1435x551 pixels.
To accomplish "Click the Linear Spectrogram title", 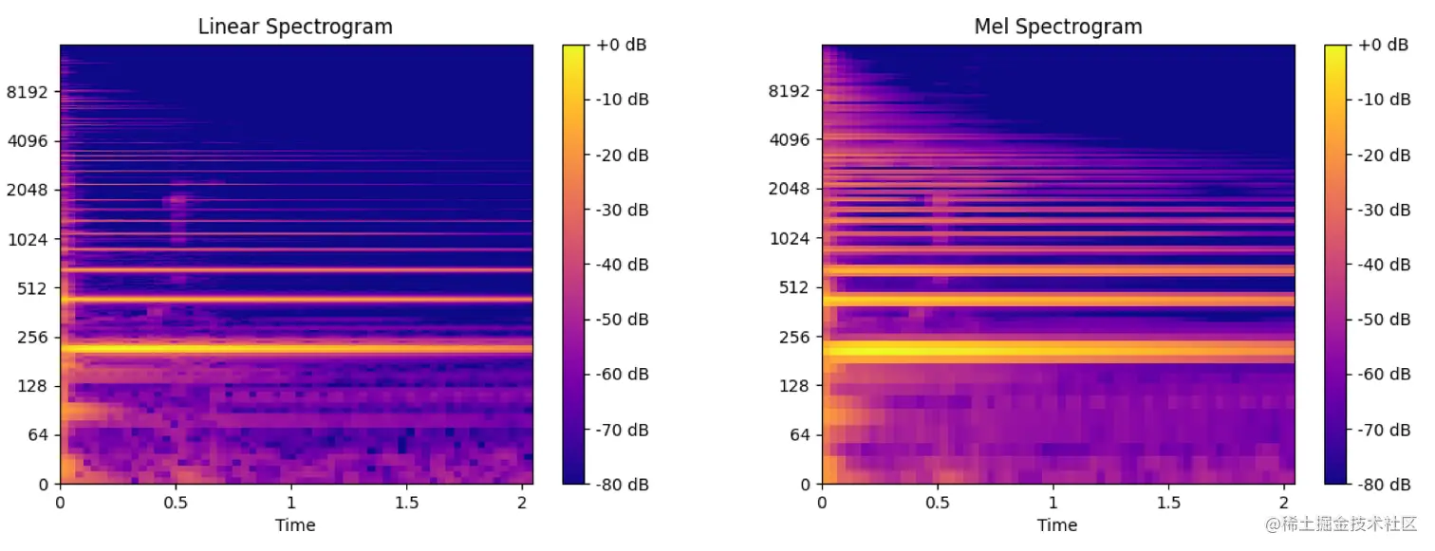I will pyautogui.click(x=295, y=28).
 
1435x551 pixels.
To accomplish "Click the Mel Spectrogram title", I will pyautogui.click(x=1057, y=28).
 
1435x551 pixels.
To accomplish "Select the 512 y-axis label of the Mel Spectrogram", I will pyautogui.click(x=792, y=287).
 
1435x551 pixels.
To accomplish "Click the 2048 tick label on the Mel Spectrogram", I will pyautogui.click(x=789, y=189).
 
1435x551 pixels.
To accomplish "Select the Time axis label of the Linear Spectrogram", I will pyautogui.click(x=295, y=524).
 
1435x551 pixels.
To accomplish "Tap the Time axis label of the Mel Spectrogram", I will pyautogui.click(x=1057, y=524).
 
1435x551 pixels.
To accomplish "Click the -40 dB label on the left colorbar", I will pyautogui.click(x=623, y=265).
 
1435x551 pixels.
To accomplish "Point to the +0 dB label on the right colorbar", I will pyautogui.click(x=1385, y=46).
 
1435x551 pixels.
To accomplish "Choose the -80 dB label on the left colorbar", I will pyautogui.click(x=623, y=484).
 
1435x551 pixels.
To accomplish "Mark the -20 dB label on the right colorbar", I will pyautogui.click(x=1385, y=155).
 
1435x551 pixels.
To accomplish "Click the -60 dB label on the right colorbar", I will pyautogui.click(x=1385, y=374).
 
